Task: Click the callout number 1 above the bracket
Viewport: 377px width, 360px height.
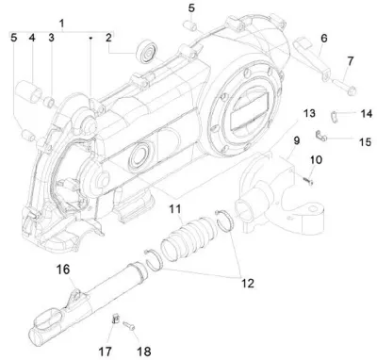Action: (61, 24)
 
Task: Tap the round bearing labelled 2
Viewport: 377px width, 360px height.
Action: (146, 53)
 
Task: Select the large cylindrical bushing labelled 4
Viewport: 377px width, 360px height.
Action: (28, 90)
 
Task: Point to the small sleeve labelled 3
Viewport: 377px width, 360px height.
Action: (50, 102)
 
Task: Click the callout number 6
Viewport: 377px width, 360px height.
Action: (324, 39)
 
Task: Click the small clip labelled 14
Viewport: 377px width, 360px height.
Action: (336, 117)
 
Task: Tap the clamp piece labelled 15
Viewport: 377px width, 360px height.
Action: (321, 136)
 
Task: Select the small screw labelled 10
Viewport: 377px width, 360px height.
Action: (308, 181)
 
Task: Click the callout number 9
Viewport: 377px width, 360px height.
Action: (297, 140)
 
